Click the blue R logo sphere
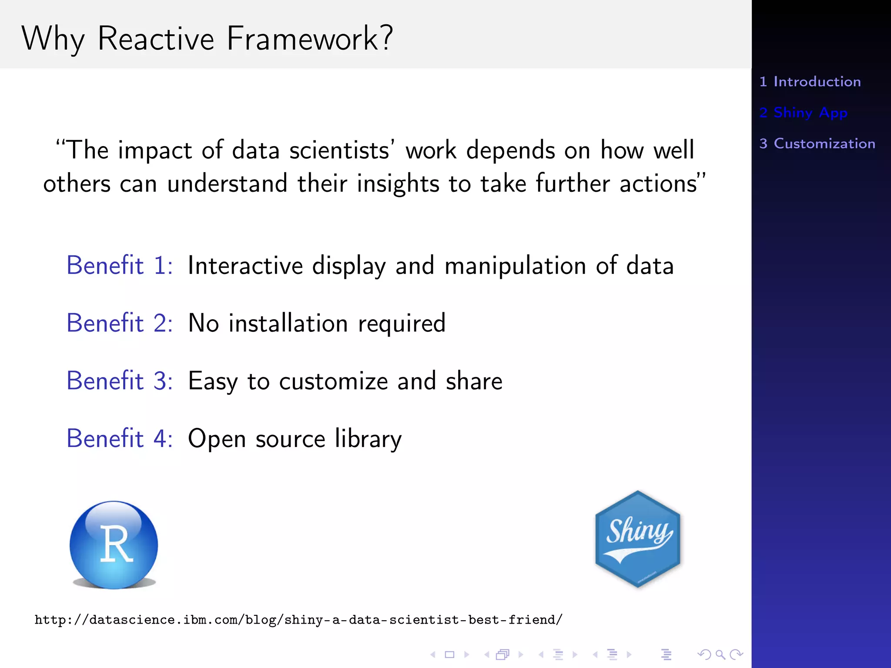(x=114, y=544)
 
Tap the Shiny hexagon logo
(x=637, y=539)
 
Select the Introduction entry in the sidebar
(x=810, y=82)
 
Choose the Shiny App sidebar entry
(x=804, y=113)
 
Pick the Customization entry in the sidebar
(x=817, y=144)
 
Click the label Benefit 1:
(x=120, y=265)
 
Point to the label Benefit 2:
(x=120, y=323)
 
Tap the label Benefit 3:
(x=120, y=381)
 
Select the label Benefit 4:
(x=120, y=438)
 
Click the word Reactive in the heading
(x=156, y=39)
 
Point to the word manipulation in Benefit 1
(x=515, y=266)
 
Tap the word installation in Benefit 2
(x=288, y=324)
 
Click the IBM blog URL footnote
(x=298, y=620)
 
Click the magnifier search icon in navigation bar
(x=720, y=655)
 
